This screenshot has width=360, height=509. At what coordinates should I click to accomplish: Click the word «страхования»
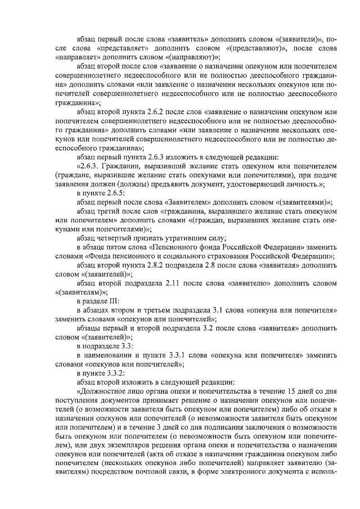(213, 256)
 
